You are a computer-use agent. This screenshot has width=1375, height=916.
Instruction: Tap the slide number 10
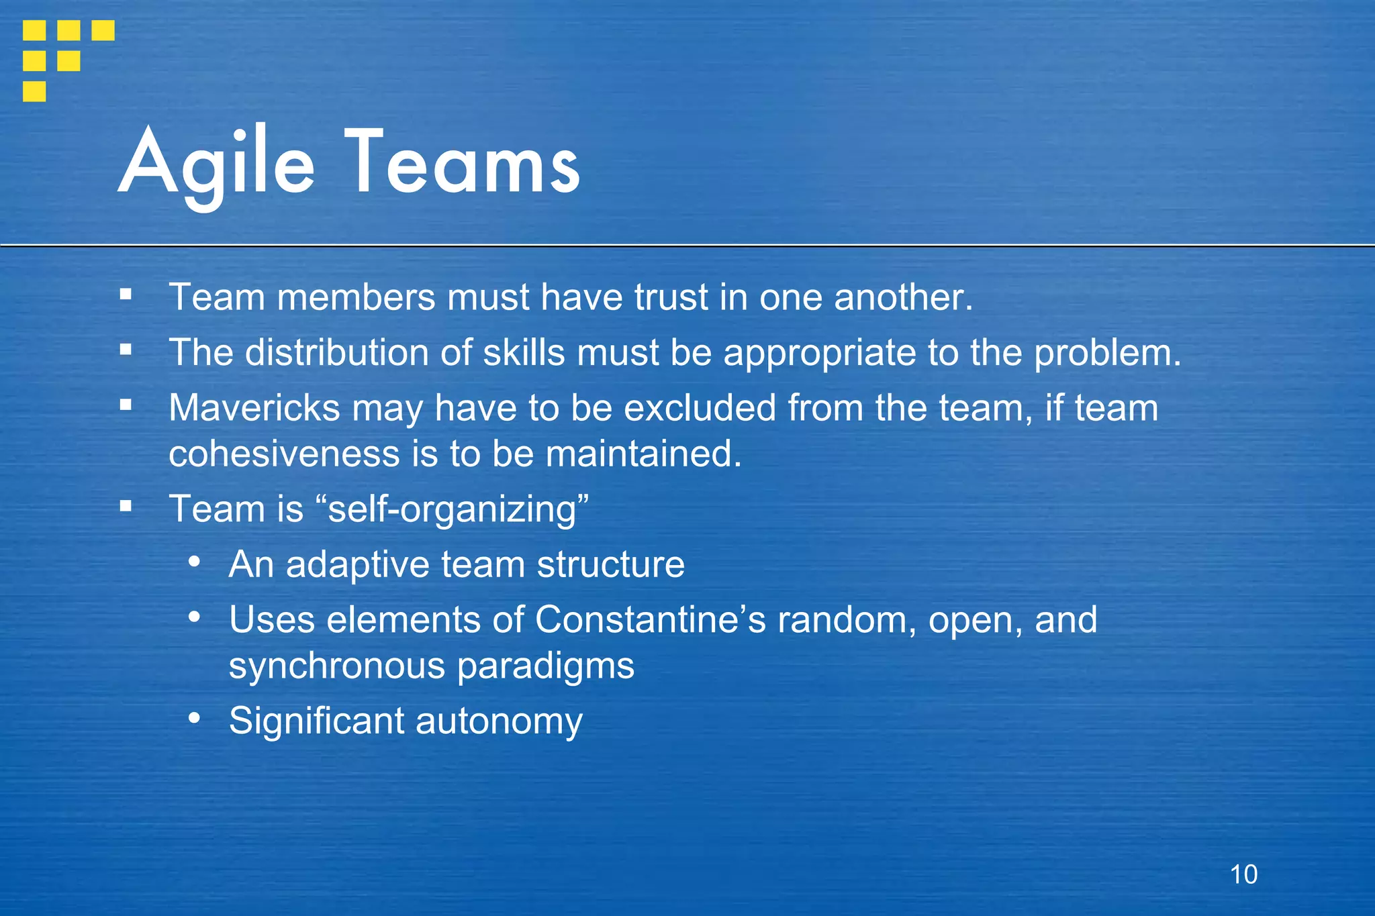point(1243,874)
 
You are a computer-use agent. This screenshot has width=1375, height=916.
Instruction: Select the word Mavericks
point(254,408)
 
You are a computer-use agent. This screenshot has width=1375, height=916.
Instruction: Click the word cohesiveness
point(284,454)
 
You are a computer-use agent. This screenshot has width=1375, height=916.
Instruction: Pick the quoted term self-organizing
point(451,509)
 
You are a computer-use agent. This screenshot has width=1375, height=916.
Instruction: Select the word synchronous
point(337,666)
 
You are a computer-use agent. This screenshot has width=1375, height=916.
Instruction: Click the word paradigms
point(546,666)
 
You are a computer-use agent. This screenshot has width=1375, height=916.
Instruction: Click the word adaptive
point(358,564)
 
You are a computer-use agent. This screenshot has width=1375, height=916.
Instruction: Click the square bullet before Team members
point(126,294)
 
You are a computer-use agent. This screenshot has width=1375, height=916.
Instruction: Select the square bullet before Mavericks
point(126,405)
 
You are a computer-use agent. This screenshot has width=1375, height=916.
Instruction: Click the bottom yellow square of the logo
point(34,91)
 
